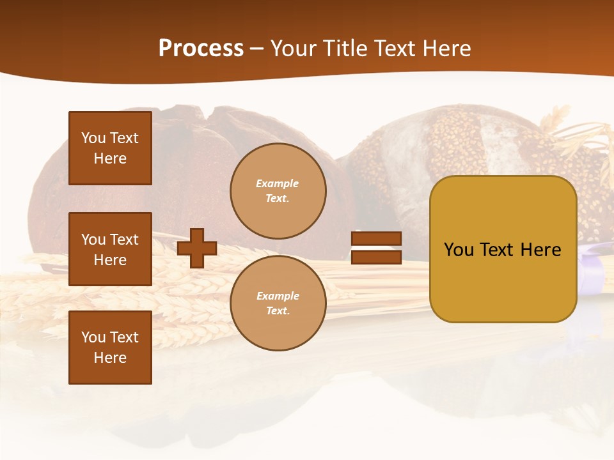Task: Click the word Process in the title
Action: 201,49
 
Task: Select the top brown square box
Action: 110,148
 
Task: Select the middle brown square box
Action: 110,249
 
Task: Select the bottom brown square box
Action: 110,348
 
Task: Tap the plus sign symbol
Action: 197,248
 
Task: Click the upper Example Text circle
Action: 278,191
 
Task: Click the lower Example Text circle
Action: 278,303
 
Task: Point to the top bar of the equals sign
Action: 376,239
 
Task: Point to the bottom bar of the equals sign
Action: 376,257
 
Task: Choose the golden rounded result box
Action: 503,249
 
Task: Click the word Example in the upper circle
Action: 278,183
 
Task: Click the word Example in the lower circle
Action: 278,296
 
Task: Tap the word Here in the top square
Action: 110,158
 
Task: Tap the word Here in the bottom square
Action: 110,358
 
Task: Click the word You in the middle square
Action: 93,240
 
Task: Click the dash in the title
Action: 257,49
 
